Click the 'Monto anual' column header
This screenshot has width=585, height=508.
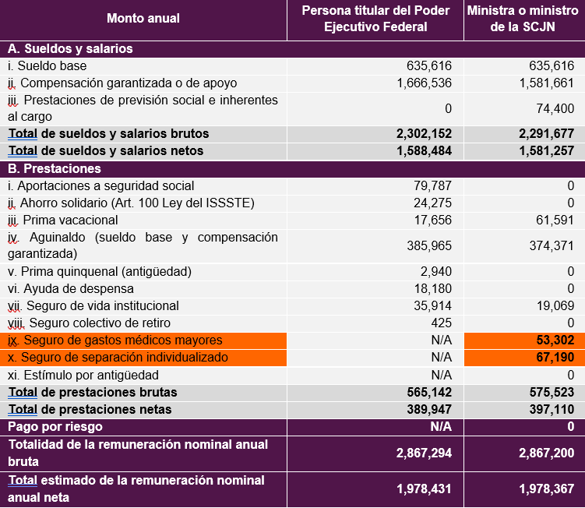143,18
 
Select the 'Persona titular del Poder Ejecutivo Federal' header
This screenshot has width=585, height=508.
375,19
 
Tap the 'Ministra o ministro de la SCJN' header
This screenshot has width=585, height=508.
523,19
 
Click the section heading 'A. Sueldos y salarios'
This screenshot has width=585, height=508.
70,49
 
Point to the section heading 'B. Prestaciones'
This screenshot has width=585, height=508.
55,169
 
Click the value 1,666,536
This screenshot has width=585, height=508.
425,83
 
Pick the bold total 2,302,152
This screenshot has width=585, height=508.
425,134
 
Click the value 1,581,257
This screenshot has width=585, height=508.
547,151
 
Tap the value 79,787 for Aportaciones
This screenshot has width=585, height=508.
433,186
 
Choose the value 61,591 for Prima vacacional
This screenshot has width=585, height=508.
555,220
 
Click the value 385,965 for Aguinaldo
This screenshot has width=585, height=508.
429,246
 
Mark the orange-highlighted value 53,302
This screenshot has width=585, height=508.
555,340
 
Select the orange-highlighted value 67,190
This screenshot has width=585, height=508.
555,357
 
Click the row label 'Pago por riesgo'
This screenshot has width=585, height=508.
55,427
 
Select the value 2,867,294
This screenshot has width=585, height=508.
425,453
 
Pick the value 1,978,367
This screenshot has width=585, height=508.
547,489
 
